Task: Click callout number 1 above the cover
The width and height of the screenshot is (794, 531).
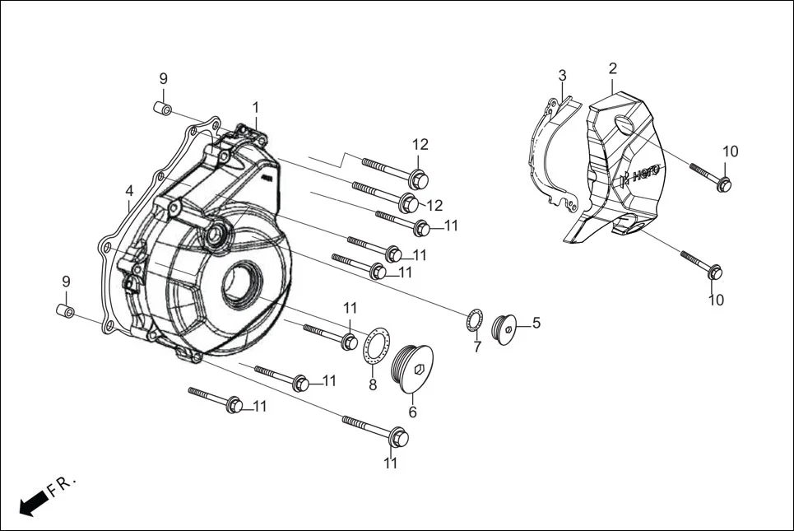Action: pyautogui.click(x=255, y=107)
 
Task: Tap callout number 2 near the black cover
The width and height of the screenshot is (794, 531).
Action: pyautogui.click(x=613, y=68)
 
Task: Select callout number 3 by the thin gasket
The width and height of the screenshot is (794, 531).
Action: pyautogui.click(x=562, y=75)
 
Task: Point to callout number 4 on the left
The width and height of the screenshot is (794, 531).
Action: pyautogui.click(x=129, y=191)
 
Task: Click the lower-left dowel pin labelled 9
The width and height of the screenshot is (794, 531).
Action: pyautogui.click(x=65, y=312)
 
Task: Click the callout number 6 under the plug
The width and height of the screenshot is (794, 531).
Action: pyautogui.click(x=412, y=412)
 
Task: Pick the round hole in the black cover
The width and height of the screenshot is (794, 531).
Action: pyautogui.click(x=625, y=126)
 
